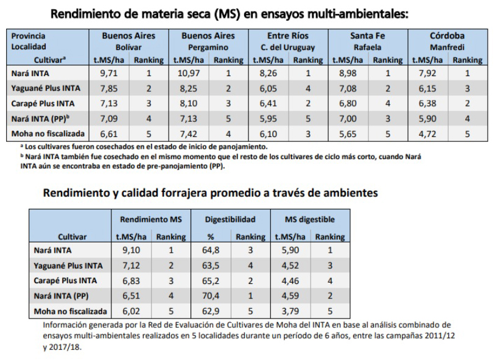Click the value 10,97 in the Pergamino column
[184, 72]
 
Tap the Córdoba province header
[448, 36]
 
